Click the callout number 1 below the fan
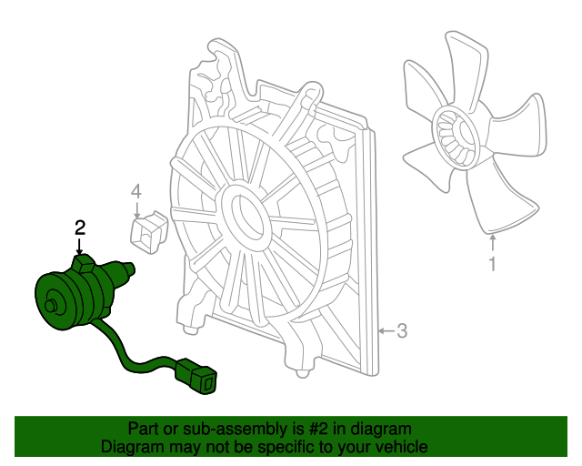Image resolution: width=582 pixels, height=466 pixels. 492,264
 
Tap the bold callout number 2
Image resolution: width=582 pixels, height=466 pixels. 80,228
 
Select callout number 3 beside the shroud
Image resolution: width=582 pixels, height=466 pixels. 402,330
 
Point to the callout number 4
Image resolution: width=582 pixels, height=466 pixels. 136,192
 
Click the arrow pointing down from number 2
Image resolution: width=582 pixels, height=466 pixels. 79,247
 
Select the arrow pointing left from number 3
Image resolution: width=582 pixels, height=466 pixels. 386,330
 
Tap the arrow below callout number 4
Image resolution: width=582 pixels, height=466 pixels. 137,210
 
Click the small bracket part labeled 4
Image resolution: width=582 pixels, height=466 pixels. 149,232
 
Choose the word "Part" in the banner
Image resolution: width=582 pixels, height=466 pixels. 143,429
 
